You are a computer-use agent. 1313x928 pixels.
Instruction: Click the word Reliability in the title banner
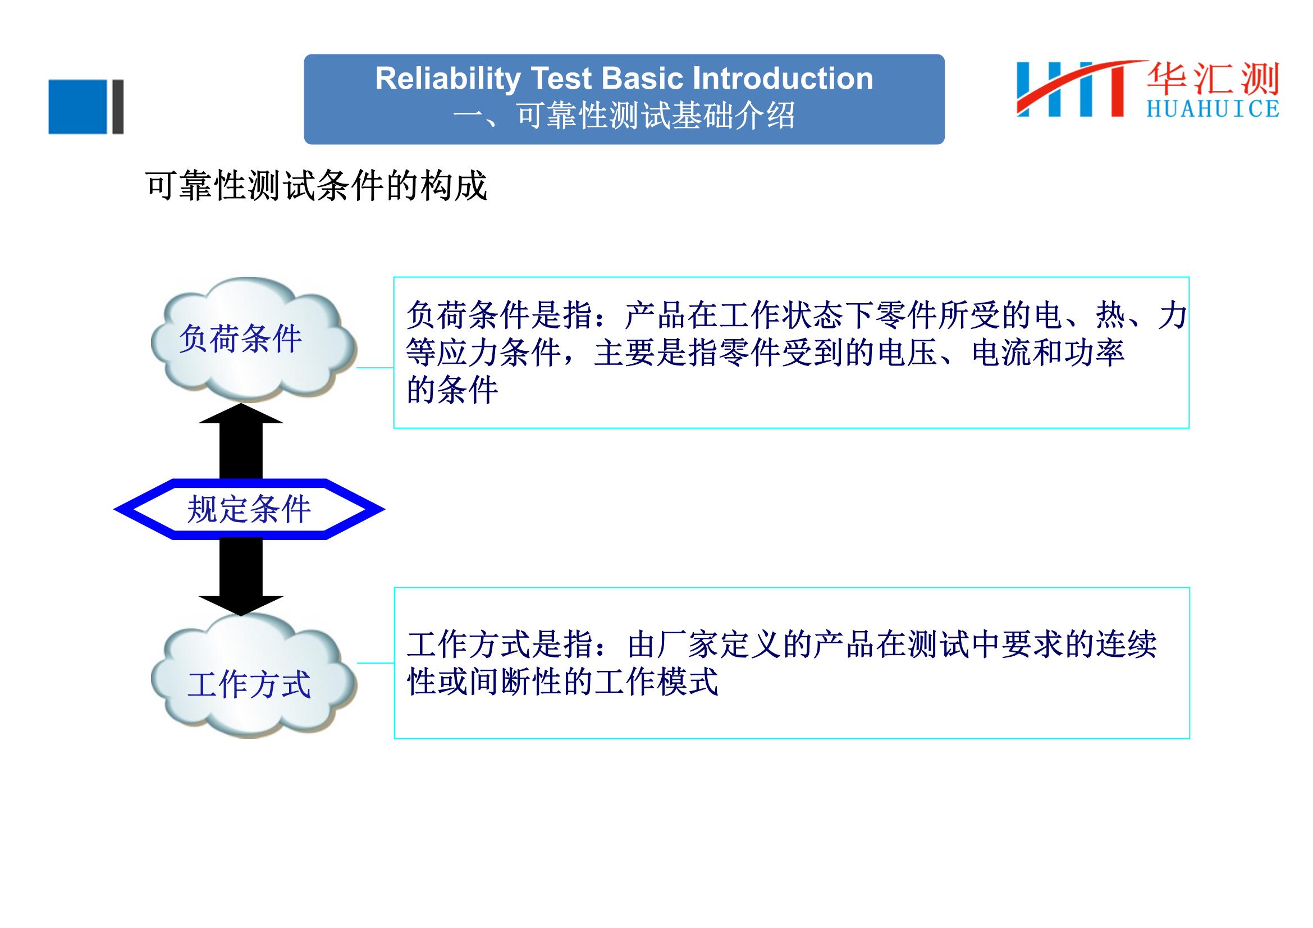tap(448, 79)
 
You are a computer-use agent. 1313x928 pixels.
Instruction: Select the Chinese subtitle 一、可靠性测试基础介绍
tap(623, 116)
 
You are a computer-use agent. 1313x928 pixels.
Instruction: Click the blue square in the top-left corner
tap(78, 107)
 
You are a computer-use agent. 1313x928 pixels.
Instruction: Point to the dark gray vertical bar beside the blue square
tap(118, 107)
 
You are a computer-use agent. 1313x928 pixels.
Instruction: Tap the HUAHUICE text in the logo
tap(1213, 109)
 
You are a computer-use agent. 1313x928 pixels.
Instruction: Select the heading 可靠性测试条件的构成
tap(316, 185)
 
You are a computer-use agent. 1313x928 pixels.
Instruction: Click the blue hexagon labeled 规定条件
tap(249, 509)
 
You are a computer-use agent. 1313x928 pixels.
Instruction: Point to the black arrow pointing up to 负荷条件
tap(241, 441)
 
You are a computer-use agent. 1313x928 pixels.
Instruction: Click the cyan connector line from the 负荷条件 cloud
tap(375, 368)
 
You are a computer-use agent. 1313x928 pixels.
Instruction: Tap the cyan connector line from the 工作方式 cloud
tap(376, 663)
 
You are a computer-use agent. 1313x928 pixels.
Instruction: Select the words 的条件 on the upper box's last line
tap(452, 391)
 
